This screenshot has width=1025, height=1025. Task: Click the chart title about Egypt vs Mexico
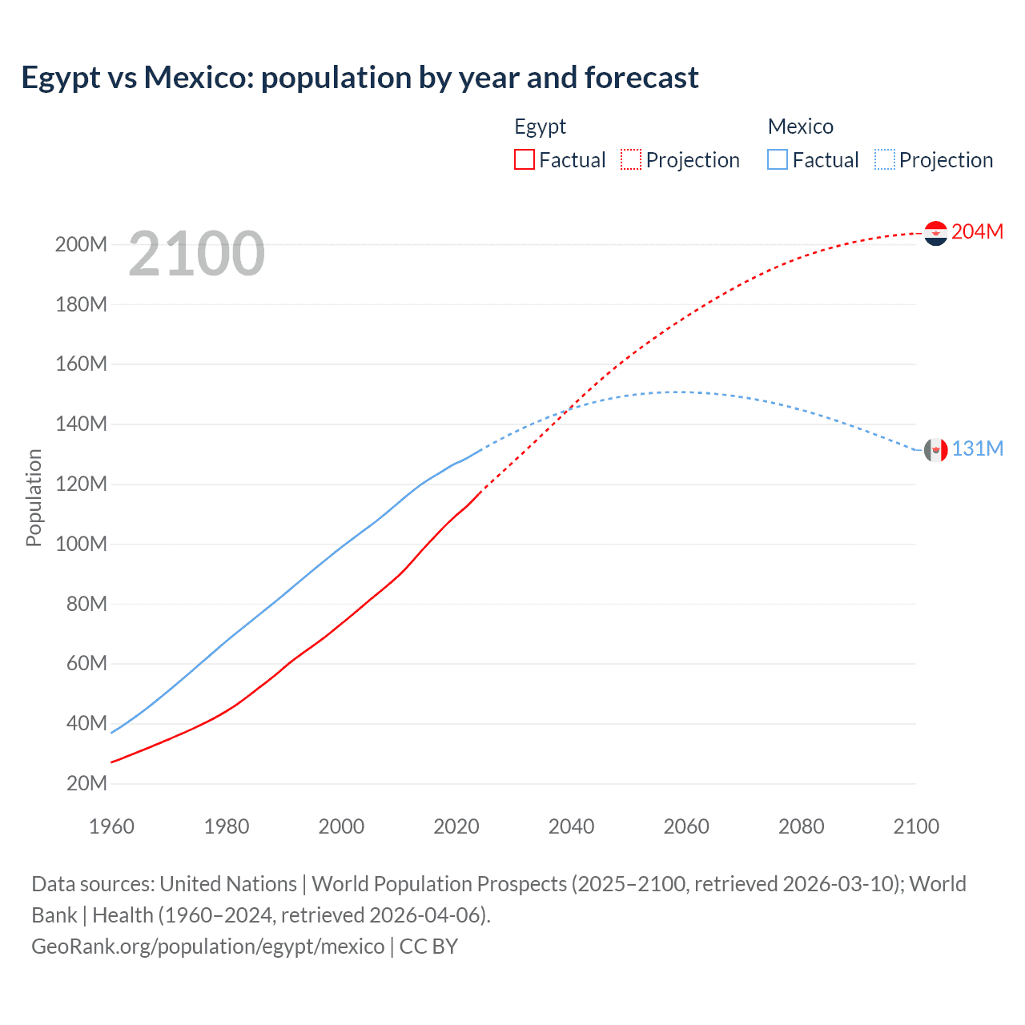[360, 78]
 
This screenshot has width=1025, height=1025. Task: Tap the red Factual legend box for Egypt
[524, 159]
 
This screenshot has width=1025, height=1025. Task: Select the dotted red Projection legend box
[630, 159]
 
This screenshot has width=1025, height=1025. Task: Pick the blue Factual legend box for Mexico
[777, 159]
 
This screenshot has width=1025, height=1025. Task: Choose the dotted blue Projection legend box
[884, 159]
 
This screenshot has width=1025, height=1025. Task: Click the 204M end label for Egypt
[977, 231]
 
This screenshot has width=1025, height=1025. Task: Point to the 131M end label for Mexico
[977, 448]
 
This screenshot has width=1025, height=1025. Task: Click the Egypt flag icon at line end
[935, 233]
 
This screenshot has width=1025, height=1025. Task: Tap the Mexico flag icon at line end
[935, 450]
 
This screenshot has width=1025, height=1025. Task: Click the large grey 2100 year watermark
[196, 254]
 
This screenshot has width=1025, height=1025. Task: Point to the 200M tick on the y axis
[81, 244]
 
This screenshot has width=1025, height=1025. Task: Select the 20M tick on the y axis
[86, 783]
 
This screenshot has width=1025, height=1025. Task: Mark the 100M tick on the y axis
[81, 544]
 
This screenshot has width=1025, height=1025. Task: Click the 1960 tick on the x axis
[111, 826]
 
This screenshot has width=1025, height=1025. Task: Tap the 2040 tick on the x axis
[571, 826]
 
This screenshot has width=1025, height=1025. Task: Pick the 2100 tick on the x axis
[916, 826]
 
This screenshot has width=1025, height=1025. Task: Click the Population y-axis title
[34, 497]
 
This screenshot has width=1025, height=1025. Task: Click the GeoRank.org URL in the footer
[208, 947]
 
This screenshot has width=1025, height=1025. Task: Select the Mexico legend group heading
[800, 127]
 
